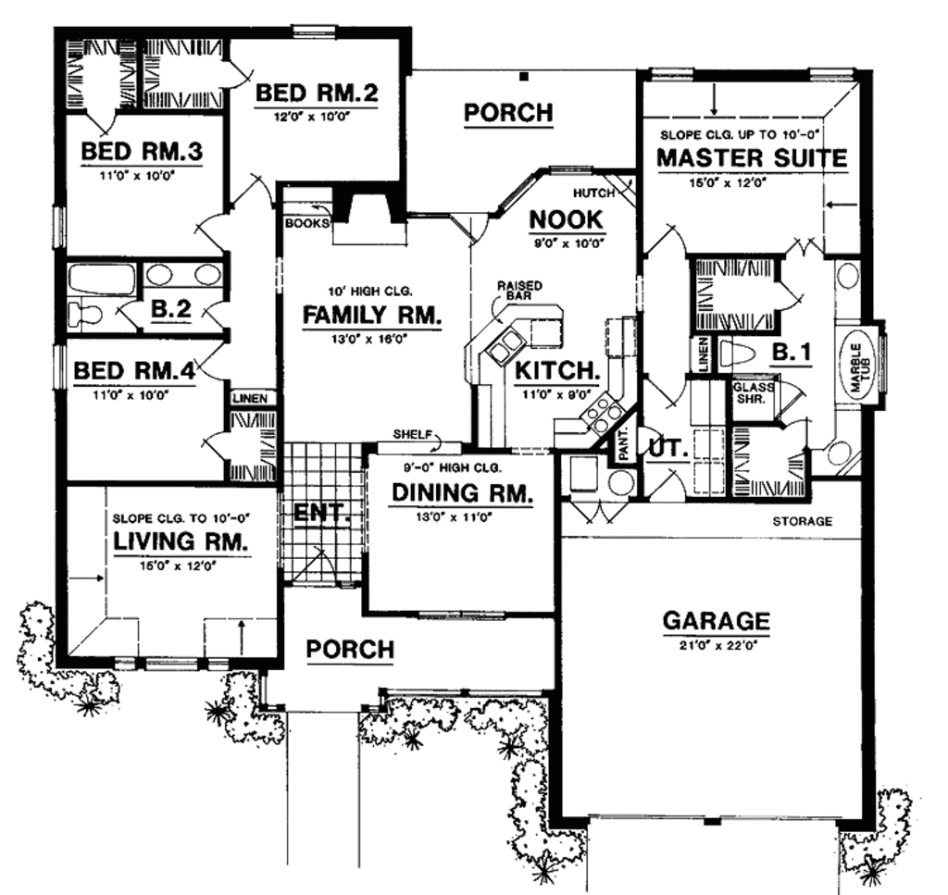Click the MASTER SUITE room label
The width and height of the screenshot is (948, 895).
coord(751,157)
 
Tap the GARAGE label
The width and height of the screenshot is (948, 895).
coord(716,619)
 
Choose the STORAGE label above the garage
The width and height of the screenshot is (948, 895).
coord(803,521)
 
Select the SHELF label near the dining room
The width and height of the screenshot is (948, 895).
coord(409,434)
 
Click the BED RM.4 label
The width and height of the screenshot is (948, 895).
coord(133,370)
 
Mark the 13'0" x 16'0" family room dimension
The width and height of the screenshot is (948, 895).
coord(371,338)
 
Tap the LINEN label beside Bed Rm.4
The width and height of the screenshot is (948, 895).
coord(250,398)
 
